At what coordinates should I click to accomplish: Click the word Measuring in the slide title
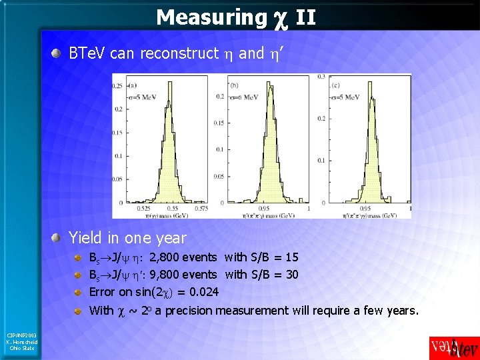210,17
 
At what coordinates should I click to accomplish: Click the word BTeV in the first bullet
87,53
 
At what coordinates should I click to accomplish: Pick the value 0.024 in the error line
203,292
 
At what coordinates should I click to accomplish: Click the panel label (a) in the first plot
132,85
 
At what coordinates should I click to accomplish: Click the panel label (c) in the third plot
347,85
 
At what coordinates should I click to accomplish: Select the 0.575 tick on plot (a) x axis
199,209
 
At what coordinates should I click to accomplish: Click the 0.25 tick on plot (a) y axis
118,85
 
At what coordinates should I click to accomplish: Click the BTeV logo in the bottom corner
453,348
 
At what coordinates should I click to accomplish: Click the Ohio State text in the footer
23,348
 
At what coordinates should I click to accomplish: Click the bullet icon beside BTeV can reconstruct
60,54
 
